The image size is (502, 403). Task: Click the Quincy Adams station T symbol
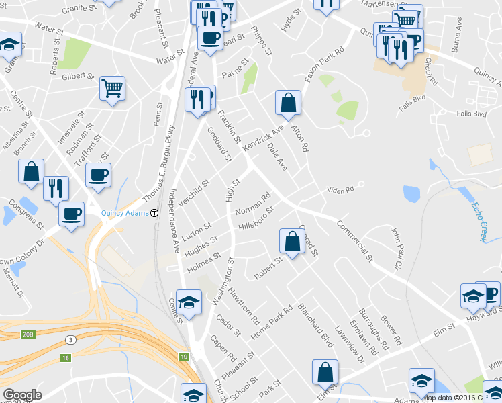(x=154, y=213)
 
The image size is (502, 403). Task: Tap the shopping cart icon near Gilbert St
(x=113, y=89)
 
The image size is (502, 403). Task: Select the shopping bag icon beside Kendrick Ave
(x=288, y=103)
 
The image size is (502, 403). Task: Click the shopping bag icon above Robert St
(x=293, y=242)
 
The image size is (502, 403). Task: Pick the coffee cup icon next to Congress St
(x=70, y=215)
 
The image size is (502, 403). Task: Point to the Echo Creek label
(x=477, y=222)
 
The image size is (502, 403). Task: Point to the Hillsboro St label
(x=256, y=218)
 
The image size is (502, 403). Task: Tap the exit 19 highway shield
(x=183, y=356)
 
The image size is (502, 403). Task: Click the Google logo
(x=22, y=395)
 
